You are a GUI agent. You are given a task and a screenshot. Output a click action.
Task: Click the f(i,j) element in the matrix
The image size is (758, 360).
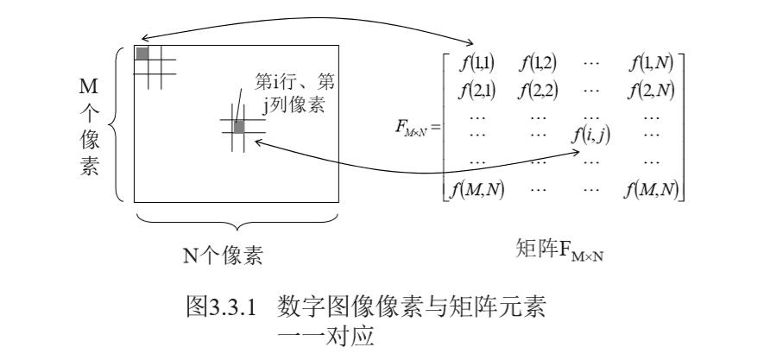[x=591, y=135]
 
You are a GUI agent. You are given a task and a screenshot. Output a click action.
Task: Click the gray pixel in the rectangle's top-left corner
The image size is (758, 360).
[x=142, y=54]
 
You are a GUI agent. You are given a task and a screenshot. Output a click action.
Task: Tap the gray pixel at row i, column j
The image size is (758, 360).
[x=239, y=128]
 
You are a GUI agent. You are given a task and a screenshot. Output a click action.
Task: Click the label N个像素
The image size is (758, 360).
[x=222, y=256]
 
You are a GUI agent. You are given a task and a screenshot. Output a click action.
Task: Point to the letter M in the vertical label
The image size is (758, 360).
[x=88, y=87]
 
